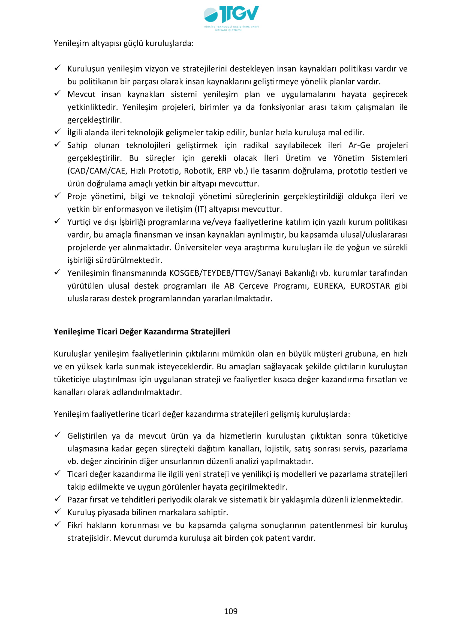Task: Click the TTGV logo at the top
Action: coord(231,17)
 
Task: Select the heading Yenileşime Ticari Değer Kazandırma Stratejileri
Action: coord(142,332)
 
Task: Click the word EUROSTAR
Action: coord(370,286)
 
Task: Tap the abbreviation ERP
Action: coord(224,171)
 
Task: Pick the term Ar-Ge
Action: coord(359,145)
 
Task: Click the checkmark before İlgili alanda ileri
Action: coord(58,131)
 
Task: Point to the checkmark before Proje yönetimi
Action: coord(58,195)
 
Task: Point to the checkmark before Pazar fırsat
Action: coord(58,499)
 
